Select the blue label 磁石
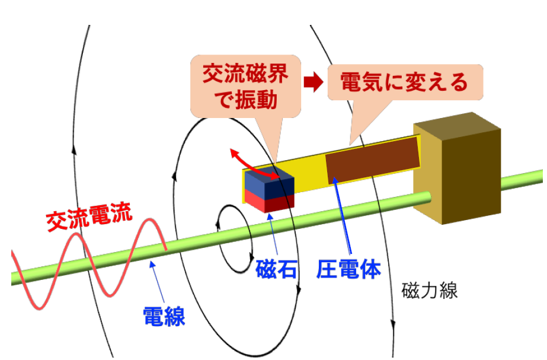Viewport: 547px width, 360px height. [x=276, y=269]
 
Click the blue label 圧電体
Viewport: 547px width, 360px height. [x=349, y=269]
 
